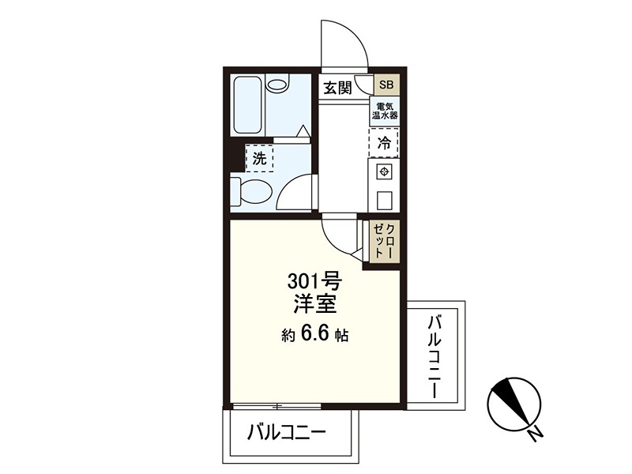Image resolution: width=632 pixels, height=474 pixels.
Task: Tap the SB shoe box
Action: point(386,85)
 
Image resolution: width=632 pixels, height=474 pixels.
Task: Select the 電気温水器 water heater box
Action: point(385,111)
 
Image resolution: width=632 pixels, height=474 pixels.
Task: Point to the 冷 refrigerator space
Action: point(384,144)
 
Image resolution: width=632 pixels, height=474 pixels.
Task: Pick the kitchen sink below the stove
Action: point(385,197)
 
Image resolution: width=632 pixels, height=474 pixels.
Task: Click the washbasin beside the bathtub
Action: point(278,85)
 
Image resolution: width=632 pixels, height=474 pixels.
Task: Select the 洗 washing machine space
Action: point(259,158)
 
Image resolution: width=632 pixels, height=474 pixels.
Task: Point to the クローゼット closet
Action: point(385,240)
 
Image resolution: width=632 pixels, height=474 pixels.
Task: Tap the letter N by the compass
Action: point(536,434)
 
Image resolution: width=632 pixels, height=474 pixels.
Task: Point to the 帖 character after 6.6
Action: point(341,336)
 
